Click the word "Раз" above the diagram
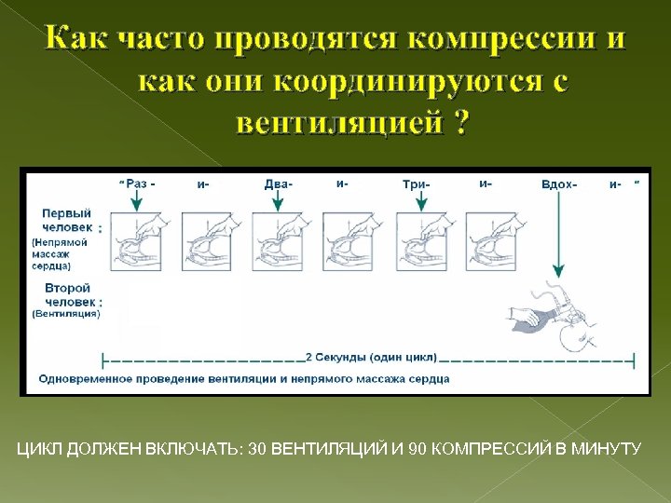pyautogui.click(x=137, y=184)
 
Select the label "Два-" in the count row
pyautogui.click(x=278, y=184)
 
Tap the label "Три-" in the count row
pyautogui.click(x=416, y=184)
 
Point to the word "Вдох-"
pyautogui.click(x=558, y=184)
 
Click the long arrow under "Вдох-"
pyautogui.click(x=557, y=233)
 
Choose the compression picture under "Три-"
pyautogui.click(x=421, y=242)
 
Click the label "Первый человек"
pyautogui.click(x=67, y=220)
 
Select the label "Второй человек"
pyautogui.click(x=67, y=295)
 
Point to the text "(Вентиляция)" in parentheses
pyautogui.click(x=65, y=314)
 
